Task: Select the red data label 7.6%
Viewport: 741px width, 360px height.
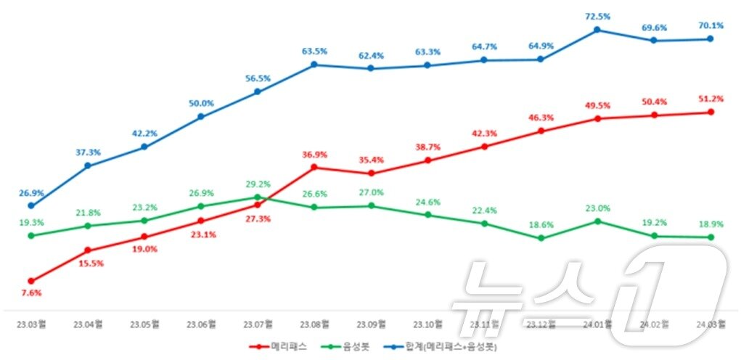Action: tap(31, 293)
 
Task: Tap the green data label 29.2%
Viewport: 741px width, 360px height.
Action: tap(258, 184)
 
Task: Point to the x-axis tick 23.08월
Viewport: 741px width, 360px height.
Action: tap(314, 324)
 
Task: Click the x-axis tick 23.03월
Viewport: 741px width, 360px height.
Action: tap(31, 324)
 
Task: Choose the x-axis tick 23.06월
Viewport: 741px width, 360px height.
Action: tap(201, 324)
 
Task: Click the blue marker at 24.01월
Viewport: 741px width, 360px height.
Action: tap(597, 30)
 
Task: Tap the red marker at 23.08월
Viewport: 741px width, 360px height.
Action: tap(314, 167)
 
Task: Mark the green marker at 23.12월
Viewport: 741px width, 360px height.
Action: tap(541, 237)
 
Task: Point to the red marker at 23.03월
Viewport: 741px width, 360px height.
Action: tap(31, 281)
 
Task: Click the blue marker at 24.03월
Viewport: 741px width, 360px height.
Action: tap(711, 39)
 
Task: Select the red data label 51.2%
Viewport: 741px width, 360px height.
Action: tap(711, 99)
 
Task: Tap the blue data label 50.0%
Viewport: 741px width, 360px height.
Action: tap(202, 103)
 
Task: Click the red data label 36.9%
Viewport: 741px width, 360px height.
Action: tap(314, 154)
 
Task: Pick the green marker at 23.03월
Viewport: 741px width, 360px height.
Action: tap(31, 235)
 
